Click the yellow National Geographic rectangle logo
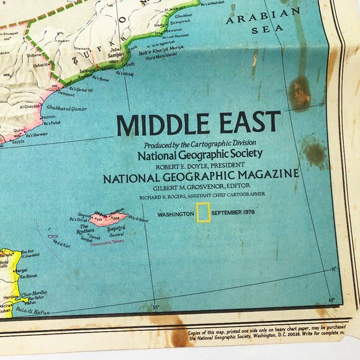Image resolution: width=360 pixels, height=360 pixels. pyautogui.click(x=203, y=212)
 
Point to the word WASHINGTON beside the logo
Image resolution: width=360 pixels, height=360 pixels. pyautogui.click(x=176, y=214)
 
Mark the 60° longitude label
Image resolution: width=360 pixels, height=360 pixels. pyautogui.click(x=332, y=300)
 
